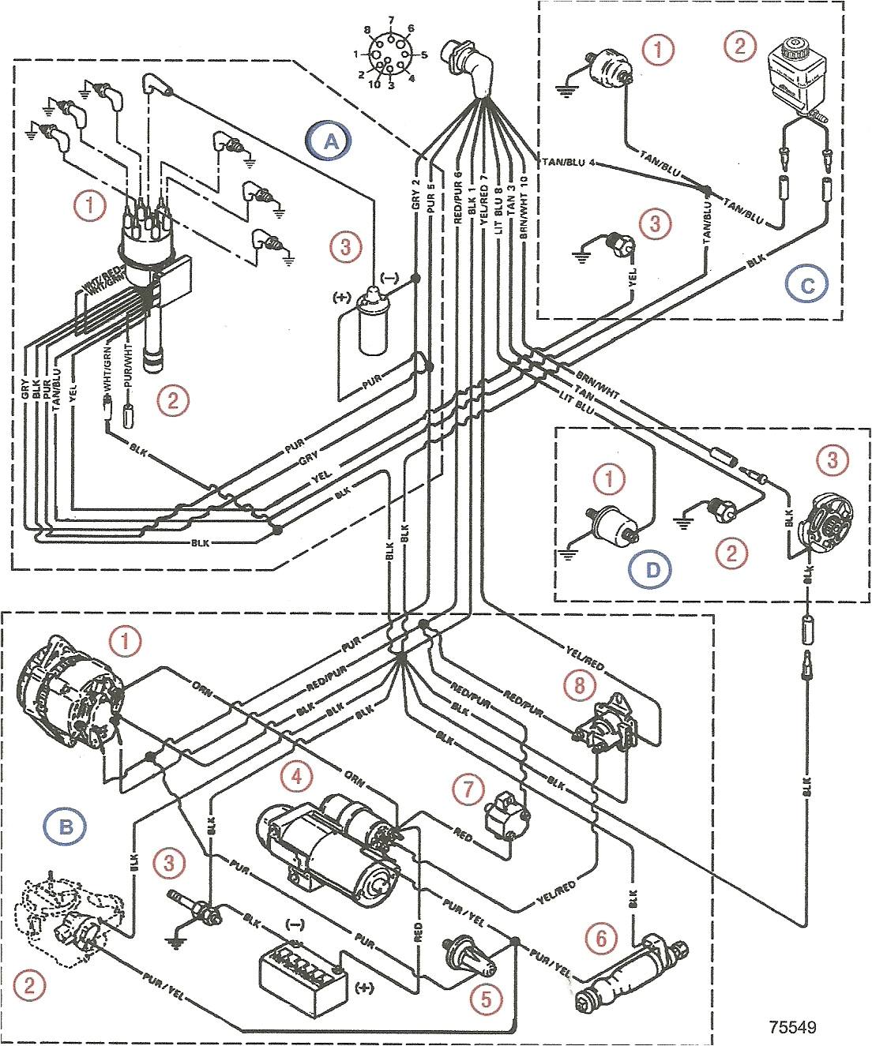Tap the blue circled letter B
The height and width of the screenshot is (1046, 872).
coord(66,827)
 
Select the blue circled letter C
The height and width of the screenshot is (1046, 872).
coord(806,284)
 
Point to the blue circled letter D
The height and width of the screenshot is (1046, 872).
coord(652,569)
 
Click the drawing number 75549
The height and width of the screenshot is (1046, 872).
coord(792,1027)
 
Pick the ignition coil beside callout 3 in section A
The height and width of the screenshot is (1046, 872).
coord(373,323)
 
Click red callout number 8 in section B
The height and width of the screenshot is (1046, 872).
coord(580,684)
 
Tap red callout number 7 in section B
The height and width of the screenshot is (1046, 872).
coord(469,788)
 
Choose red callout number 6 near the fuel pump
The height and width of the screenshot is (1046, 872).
coord(601,938)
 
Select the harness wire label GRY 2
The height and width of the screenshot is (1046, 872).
coord(415,193)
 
